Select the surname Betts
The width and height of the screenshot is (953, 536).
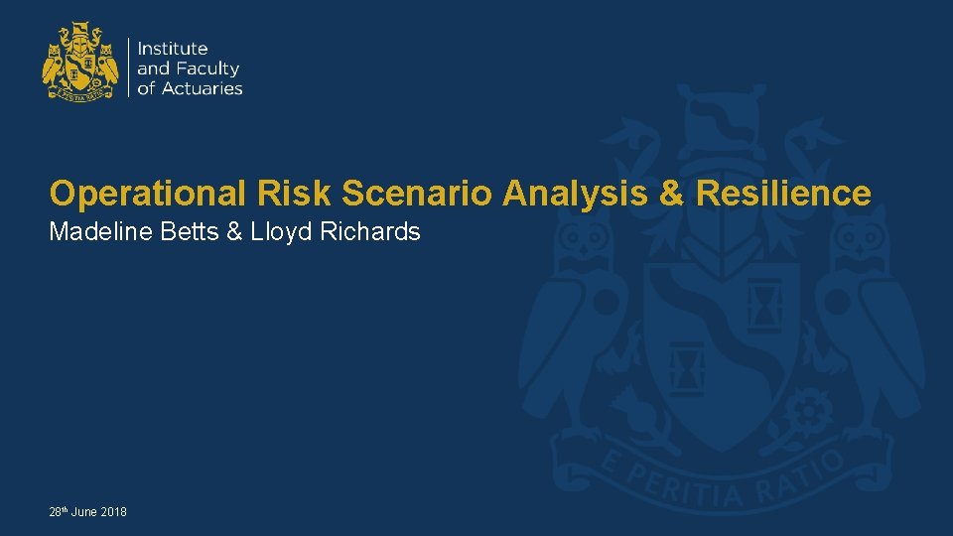[186, 232]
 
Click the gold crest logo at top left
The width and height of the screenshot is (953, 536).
[80, 64]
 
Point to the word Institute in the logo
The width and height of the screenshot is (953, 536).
[173, 49]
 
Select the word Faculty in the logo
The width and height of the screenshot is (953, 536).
[208, 68]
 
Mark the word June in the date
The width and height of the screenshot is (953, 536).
[83, 512]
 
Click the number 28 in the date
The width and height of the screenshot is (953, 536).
[55, 512]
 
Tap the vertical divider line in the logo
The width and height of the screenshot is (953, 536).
[128, 67]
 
